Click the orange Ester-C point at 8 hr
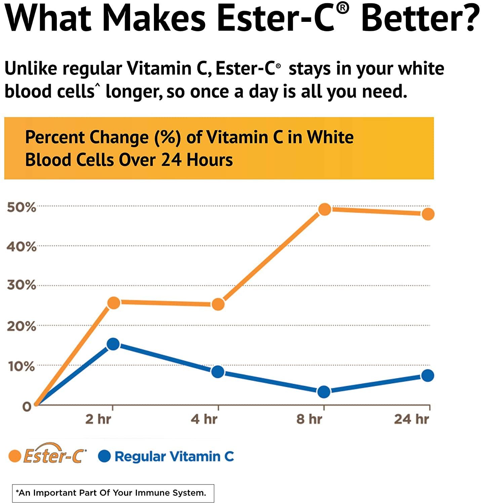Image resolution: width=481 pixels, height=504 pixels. (x=325, y=209)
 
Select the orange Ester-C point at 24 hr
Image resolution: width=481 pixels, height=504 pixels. (x=428, y=214)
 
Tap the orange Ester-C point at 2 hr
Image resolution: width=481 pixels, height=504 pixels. (x=114, y=303)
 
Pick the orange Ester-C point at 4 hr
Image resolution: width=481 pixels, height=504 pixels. (x=218, y=304)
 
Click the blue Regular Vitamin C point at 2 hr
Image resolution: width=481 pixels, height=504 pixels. (x=113, y=344)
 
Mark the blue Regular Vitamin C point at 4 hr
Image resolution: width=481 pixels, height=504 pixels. (x=218, y=372)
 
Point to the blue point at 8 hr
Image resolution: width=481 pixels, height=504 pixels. (x=324, y=391)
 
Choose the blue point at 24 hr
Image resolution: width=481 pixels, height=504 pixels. (x=428, y=375)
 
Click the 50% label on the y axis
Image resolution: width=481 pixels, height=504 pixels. (x=21, y=207)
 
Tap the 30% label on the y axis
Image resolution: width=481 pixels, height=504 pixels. (x=21, y=285)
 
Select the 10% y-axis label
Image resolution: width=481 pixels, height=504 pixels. (x=21, y=366)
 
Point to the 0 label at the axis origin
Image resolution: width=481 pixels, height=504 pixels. (x=27, y=407)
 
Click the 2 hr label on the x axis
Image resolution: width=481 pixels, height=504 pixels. (x=98, y=419)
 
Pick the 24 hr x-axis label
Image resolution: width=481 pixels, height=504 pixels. (x=411, y=419)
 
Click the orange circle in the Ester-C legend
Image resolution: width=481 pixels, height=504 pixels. (x=15, y=456)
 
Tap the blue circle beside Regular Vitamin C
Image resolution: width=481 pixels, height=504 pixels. (x=105, y=456)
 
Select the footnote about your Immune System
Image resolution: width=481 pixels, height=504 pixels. (x=113, y=493)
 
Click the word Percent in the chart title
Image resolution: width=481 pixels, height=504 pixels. (x=54, y=137)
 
